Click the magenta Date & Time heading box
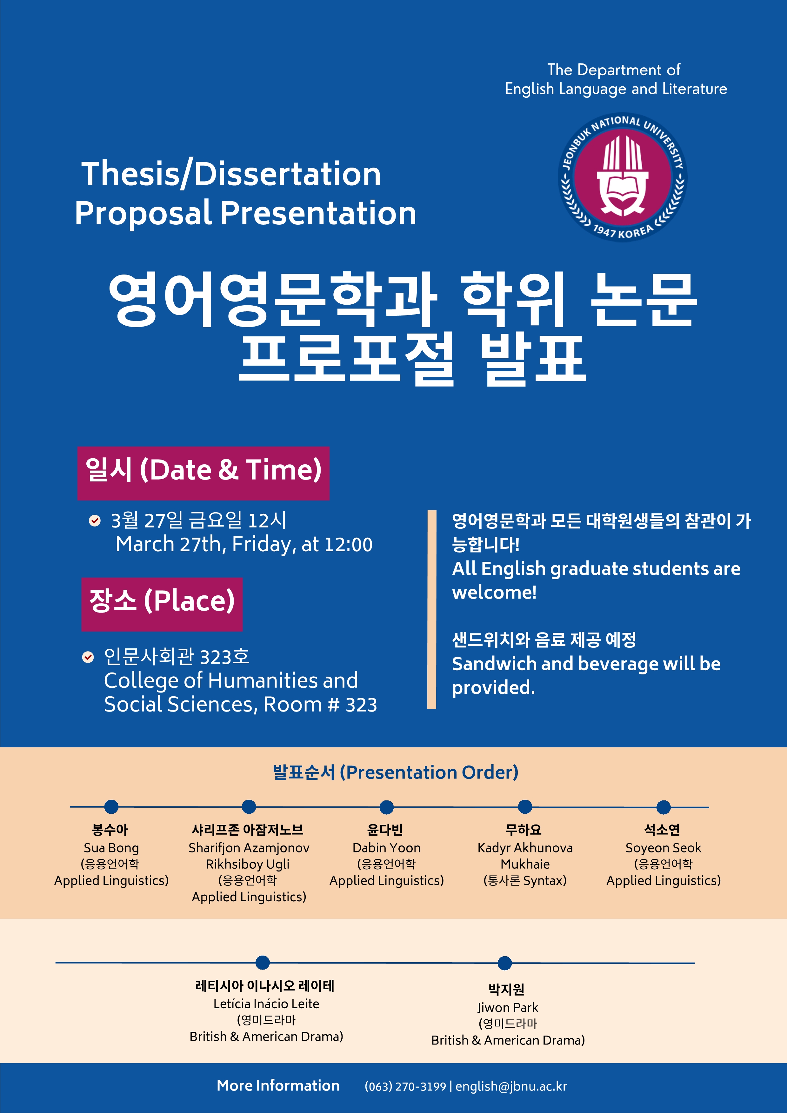[x=203, y=473]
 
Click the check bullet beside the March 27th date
[x=95, y=520]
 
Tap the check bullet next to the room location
[x=88, y=657]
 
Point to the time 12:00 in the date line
[x=348, y=544]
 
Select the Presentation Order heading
[x=395, y=772]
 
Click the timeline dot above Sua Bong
[x=111, y=807]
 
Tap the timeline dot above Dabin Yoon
[x=386, y=807]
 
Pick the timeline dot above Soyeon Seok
[x=664, y=807]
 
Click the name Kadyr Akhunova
[x=525, y=848]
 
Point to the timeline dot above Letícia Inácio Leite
[x=262, y=962]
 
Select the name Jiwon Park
[x=508, y=1007]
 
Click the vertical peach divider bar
[x=431, y=609]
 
